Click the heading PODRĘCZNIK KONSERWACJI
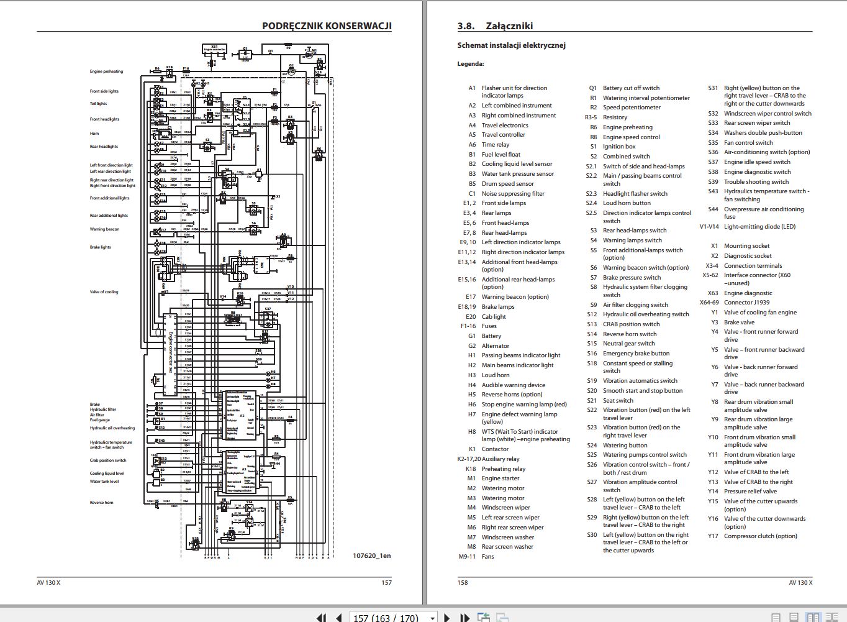327,26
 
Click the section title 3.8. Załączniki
495,26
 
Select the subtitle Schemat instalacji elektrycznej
511,45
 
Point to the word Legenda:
471,64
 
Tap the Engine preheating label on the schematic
106,71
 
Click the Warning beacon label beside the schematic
104,229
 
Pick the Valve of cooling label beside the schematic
104,292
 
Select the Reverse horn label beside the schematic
101,503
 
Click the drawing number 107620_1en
371,556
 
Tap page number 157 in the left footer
386,583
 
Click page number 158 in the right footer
463,583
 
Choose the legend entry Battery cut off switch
631,88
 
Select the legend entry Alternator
496,346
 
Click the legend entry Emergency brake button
636,354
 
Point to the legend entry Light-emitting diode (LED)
759,227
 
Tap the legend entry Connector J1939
747,303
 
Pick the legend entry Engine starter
500,478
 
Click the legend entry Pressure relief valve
750,492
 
